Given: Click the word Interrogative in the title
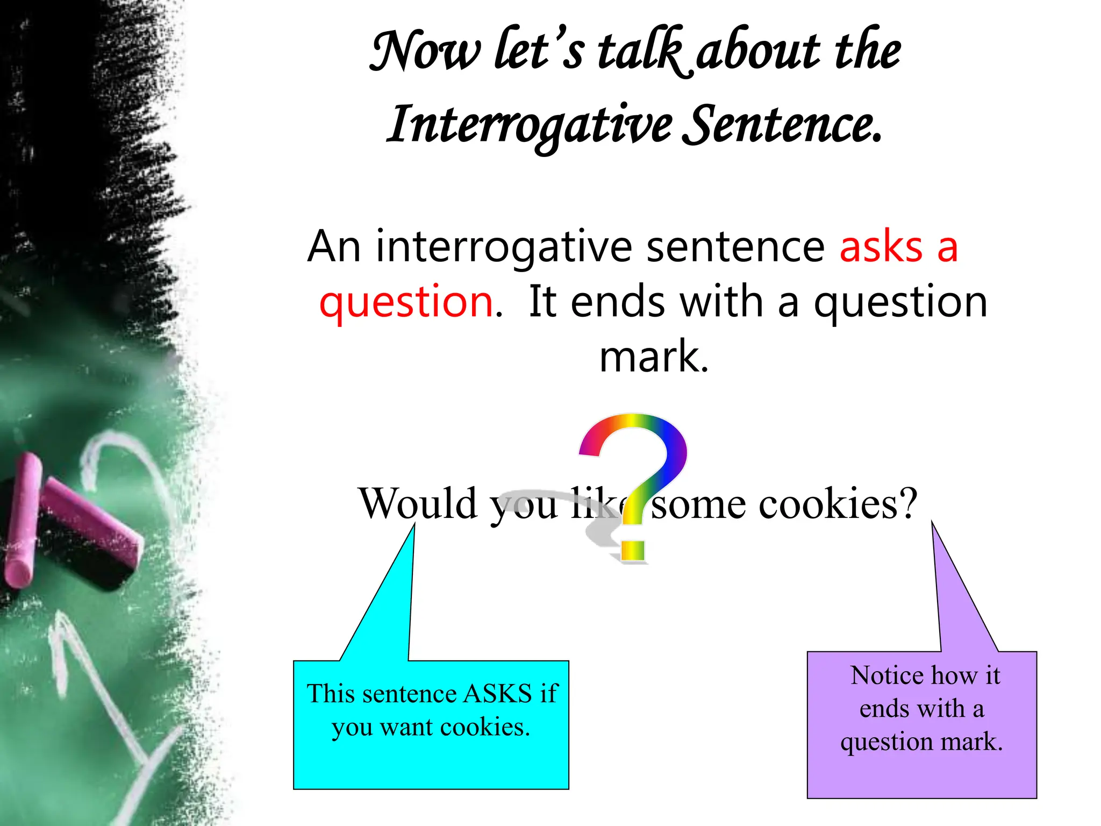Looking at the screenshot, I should point(530,125).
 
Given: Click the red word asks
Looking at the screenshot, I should point(881,247).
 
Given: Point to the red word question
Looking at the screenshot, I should point(406,302).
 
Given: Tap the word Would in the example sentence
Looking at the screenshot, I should point(418,503).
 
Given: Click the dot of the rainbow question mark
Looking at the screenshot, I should point(632,551).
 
